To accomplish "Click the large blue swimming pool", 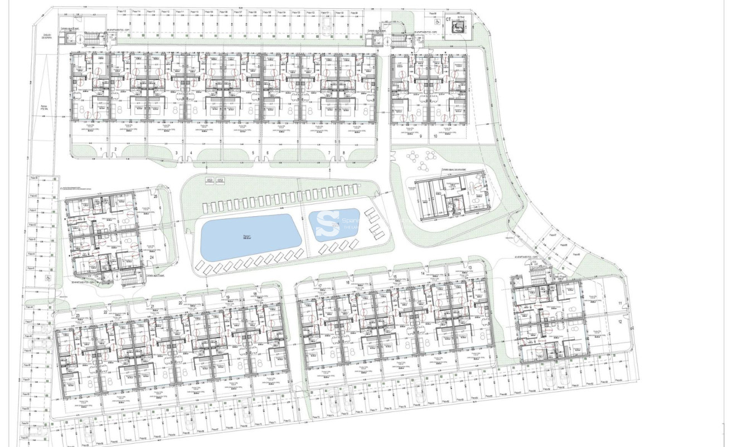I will tap(251, 237).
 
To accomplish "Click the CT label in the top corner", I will tap(448, 19).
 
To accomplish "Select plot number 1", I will tap(101, 149).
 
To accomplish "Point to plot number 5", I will tap(253, 153).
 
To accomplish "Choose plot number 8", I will tap(343, 153).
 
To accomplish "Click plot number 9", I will tap(421, 135).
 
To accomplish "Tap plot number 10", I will tap(435, 135).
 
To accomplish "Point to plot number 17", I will tap(320, 286).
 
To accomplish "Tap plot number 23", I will tap(77, 315).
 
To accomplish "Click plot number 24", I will tap(152, 257).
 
